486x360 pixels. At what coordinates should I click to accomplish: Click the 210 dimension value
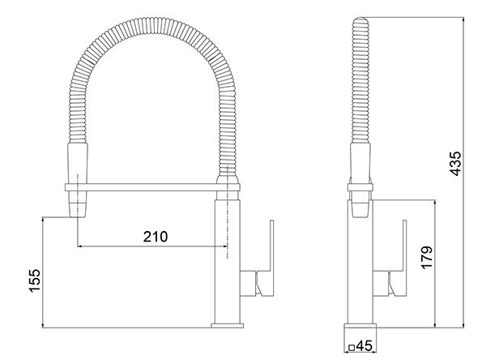(x=155, y=237)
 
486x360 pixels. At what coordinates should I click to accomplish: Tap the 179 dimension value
(x=427, y=258)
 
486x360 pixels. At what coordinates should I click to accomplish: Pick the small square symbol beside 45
(x=352, y=347)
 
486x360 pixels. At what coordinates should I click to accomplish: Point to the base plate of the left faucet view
(x=227, y=326)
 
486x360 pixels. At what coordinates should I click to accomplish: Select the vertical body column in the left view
(x=228, y=259)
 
